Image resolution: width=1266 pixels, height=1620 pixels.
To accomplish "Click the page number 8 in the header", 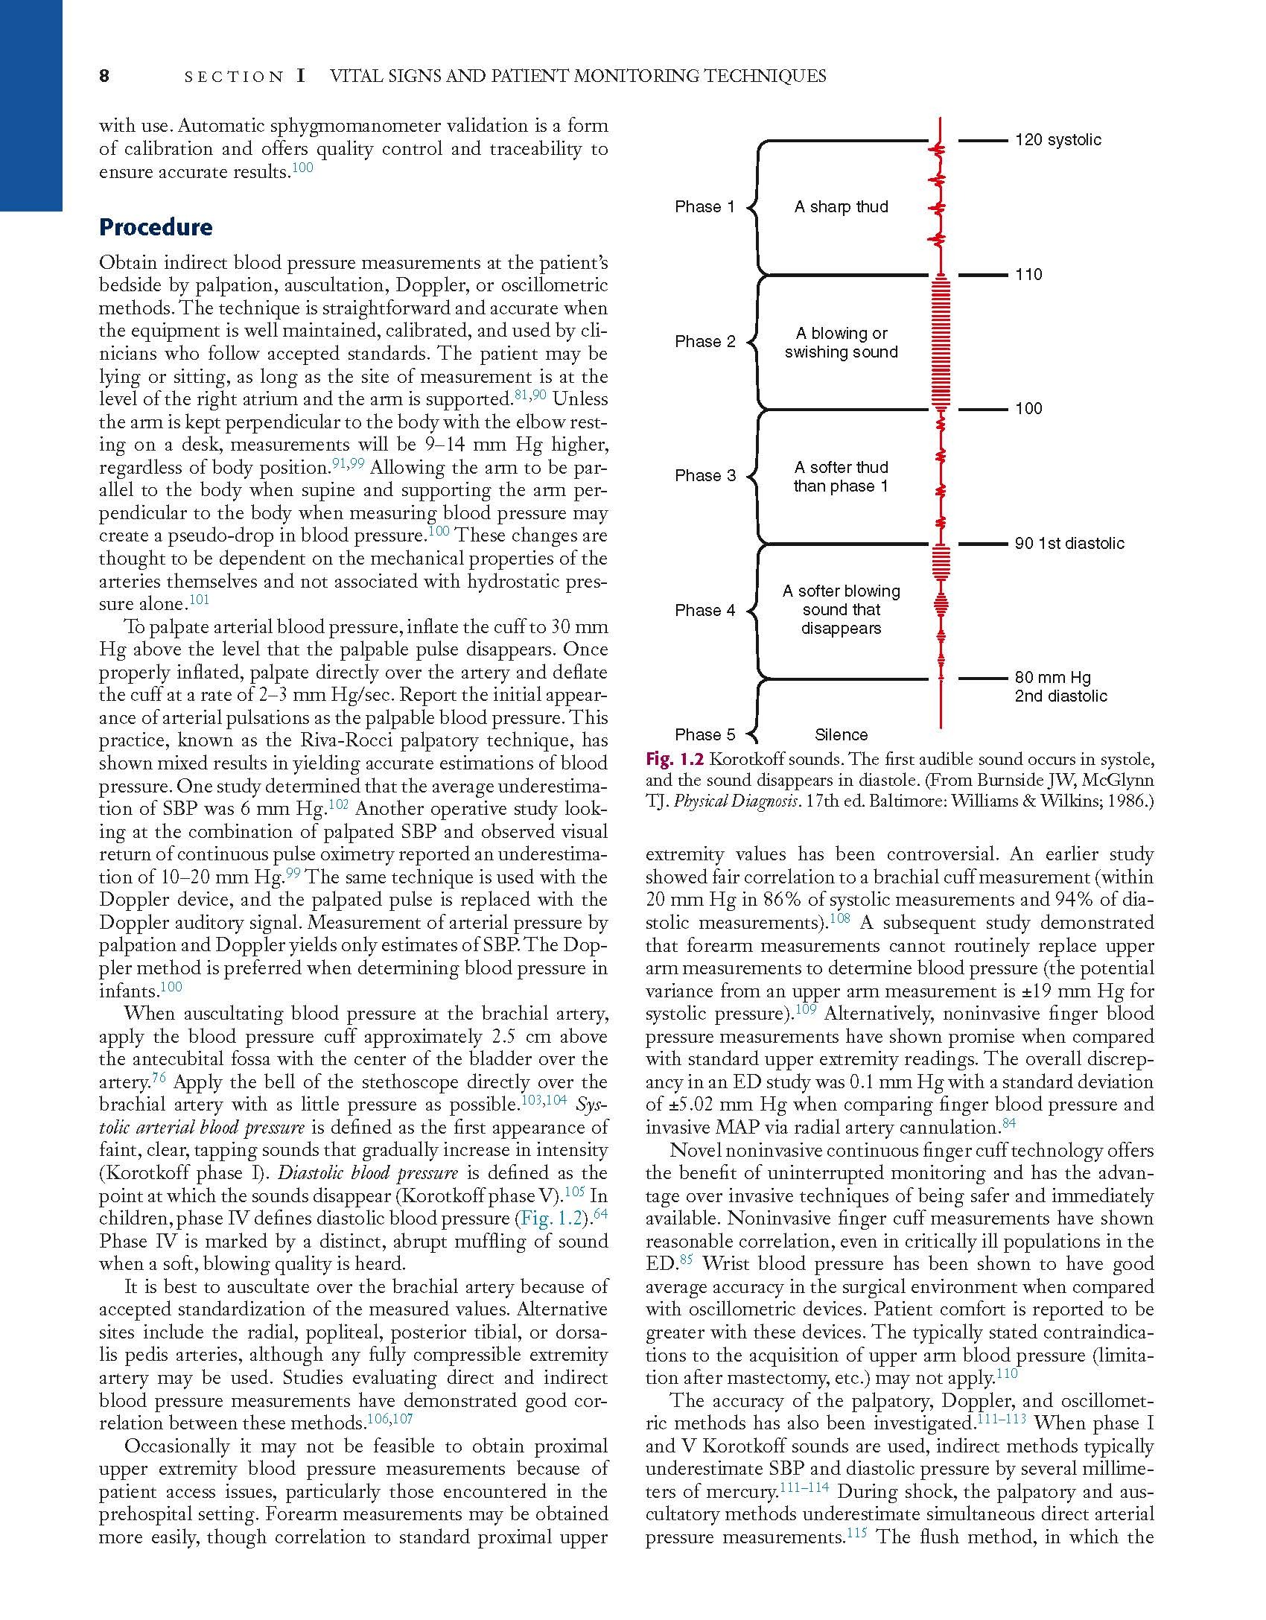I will click(104, 76).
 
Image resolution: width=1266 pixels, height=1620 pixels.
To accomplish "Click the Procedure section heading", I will click(156, 227).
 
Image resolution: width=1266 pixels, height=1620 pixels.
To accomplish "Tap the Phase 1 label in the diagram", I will click(704, 207).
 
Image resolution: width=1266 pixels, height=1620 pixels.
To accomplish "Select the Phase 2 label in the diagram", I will click(704, 342).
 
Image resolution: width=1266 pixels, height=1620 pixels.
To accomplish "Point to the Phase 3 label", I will click(704, 476).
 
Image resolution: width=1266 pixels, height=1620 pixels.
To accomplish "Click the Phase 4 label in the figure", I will click(704, 611).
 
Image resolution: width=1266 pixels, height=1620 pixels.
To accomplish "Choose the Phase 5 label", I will click(704, 735).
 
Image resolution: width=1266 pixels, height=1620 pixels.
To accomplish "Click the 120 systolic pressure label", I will click(1057, 140).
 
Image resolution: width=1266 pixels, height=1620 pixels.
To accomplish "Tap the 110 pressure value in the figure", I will click(1028, 275).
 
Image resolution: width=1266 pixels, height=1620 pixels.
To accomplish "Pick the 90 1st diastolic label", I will click(1069, 544).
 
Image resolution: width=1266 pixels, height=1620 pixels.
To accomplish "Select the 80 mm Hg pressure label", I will click(1052, 678).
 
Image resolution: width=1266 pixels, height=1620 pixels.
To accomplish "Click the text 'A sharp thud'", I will click(841, 207).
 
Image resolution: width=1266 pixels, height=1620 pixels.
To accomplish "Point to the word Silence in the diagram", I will click(841, 735).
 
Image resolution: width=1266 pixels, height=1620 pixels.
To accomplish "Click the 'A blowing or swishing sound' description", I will click(841, 343).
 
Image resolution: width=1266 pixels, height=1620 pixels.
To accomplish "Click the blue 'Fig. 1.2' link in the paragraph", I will click(550, 1219).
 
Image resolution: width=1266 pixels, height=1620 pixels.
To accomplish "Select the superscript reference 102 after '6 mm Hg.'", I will click(338, 804).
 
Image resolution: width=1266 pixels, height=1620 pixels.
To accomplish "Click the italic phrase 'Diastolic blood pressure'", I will click(368, 1174).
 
